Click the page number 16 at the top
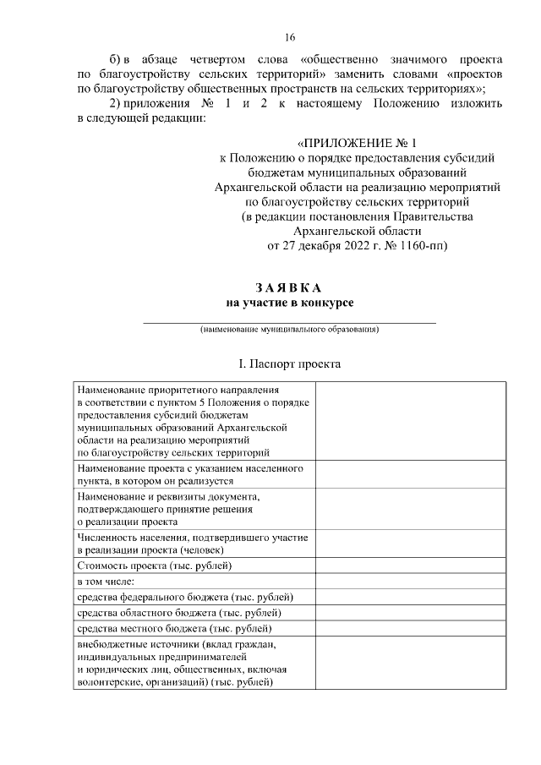290,37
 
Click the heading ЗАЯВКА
289,287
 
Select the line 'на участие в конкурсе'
289,302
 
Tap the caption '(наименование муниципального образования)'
289,329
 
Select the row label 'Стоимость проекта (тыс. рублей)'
154,565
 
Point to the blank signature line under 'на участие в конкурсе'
289,321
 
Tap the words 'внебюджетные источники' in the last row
129,644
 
